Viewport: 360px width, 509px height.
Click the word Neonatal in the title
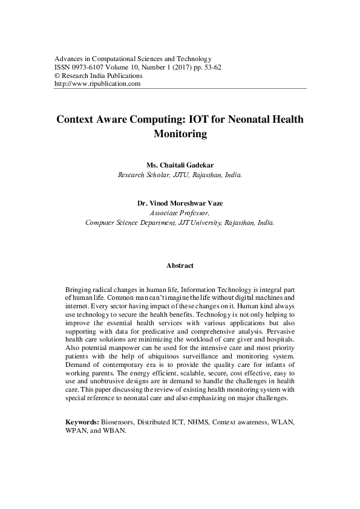(x=243, y=119)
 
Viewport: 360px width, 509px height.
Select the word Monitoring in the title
(x=180, y=135)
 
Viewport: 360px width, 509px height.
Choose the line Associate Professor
(x=180, y=213)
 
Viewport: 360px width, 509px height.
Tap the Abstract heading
(x=180, y=265)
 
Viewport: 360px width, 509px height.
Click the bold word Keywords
(x=82, y=421)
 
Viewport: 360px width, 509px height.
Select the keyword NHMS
(x=201, y=421)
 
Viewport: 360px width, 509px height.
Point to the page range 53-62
(x=209, y=68)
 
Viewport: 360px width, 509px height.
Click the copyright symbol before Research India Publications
(x=57, y=76)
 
